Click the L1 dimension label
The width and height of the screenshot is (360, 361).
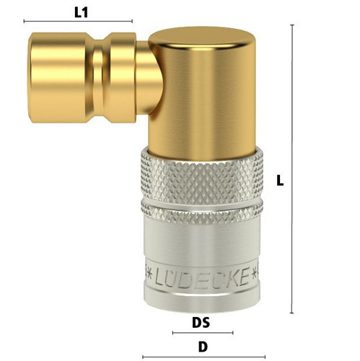(x=81, y=12)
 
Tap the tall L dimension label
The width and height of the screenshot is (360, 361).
(x=280, y=180)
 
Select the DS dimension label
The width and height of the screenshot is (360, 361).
(x=201, y=323)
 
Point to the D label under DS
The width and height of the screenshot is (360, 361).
(x=203, y=347)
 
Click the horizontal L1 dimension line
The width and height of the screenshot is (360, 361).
(x=78, y=21)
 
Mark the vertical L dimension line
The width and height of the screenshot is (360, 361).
(x=292, y=169)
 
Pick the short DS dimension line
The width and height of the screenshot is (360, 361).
(x=203, y=333)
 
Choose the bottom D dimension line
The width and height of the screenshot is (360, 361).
(x=204, y=357)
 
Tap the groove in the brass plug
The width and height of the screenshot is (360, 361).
(x=98, y=77)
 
